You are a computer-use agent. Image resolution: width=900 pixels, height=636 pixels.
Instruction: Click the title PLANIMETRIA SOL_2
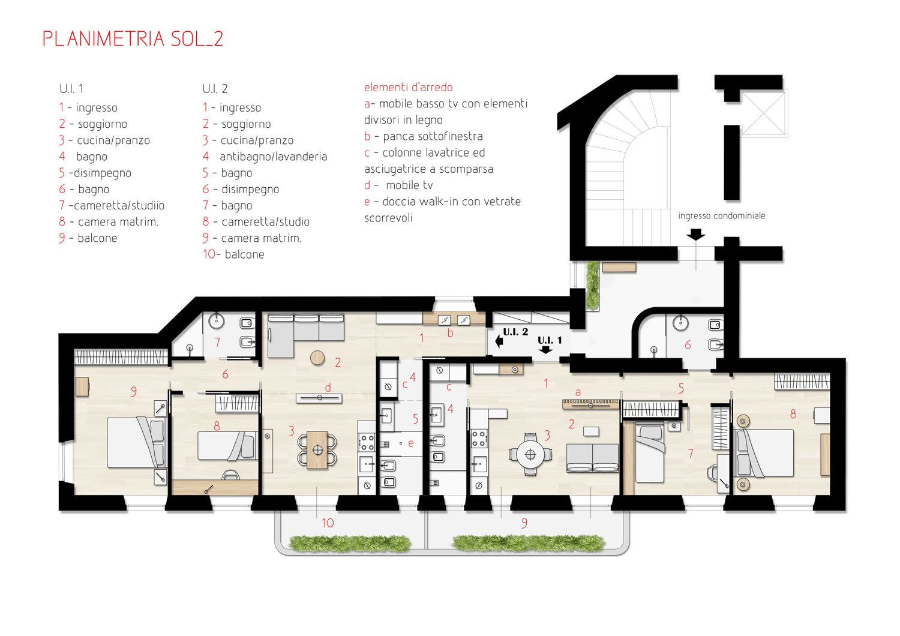133,39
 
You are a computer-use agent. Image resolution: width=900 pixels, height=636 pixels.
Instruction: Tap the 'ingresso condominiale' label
722,216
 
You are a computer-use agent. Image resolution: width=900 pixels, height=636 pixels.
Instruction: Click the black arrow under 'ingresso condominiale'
695,235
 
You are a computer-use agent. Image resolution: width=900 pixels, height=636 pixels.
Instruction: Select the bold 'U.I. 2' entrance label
515,332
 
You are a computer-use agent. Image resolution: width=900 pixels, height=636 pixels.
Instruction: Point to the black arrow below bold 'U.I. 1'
545,350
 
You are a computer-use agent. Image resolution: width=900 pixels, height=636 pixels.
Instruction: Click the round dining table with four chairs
530,454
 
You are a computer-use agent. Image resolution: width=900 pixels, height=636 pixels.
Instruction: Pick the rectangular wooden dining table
317,450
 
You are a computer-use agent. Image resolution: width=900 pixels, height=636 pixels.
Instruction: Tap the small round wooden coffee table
317,357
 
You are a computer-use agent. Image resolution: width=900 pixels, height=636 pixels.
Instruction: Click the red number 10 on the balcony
328,523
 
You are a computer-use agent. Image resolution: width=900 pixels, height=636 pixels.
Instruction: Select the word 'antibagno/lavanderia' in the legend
273,156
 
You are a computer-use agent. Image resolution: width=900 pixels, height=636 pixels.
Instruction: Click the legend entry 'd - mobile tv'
398,185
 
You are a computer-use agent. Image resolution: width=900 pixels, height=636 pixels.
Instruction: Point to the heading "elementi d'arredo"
408,87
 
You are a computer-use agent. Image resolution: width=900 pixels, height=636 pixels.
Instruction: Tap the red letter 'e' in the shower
410,443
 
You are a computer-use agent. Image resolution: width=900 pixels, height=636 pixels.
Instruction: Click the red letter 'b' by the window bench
450,332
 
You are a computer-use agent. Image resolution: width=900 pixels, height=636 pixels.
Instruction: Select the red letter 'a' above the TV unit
578,392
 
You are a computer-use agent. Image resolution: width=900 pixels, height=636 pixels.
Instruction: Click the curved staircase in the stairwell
627,169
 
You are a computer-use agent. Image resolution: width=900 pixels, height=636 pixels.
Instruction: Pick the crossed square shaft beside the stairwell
763,112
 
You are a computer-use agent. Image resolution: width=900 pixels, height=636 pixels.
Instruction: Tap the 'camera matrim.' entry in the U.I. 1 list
118,222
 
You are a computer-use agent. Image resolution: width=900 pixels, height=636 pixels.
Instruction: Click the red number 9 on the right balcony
524,523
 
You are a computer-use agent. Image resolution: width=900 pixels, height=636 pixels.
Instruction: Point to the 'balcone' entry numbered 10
244,254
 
